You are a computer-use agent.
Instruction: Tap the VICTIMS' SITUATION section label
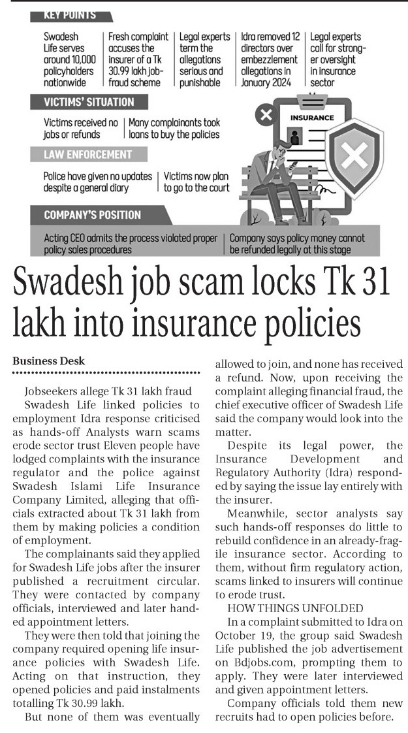coord(88,102)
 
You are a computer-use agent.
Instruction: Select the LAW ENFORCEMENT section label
coord(87,155)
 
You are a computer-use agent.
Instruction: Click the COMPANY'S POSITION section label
coord(92,215)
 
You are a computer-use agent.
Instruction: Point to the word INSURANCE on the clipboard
coord(312,118)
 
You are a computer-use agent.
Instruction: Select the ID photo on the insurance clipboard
coord(296,137)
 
